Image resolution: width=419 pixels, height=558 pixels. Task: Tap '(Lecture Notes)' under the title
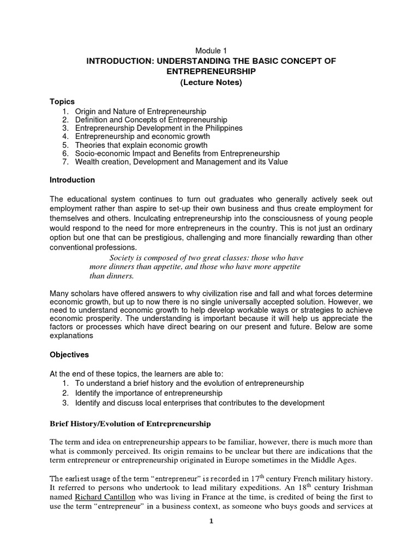210,82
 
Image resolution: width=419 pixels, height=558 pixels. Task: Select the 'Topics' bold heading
62,102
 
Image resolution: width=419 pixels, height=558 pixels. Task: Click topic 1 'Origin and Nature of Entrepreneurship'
141,111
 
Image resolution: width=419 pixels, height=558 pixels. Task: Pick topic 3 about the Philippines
159,128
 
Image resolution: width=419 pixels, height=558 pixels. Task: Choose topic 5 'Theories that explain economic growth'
141,145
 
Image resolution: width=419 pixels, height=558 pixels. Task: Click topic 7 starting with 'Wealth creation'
181,162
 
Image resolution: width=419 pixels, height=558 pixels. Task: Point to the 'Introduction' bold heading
72,180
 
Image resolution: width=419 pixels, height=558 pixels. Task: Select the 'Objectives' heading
69,354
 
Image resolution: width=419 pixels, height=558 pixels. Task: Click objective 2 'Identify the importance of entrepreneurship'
149,393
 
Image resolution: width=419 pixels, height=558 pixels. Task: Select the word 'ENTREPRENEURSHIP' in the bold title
210,71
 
